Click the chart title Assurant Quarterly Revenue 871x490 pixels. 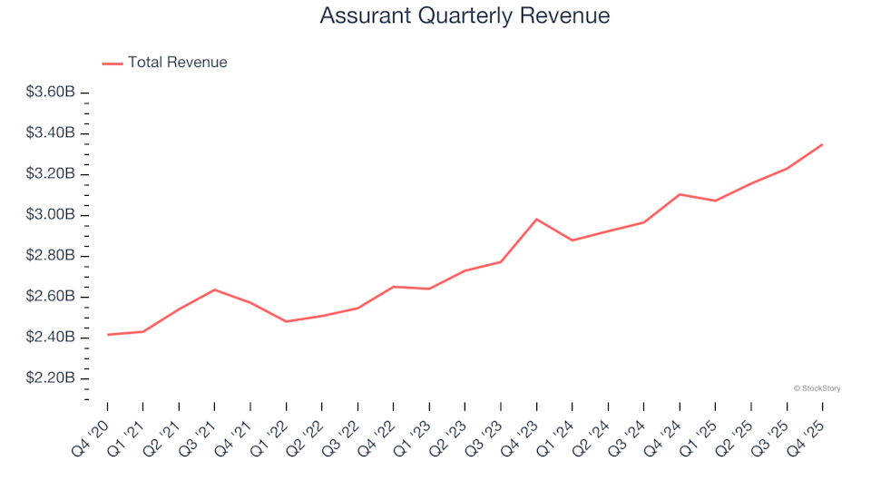tap(465, 16)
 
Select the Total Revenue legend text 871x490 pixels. tap(177, 63)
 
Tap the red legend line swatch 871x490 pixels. tap(113, 64)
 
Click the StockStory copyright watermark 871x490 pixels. tap(817, 388)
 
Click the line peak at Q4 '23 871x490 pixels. tap(536, 220)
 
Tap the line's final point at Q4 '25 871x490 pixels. tap(823, 144)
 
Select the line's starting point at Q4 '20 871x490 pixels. tap(107, 335)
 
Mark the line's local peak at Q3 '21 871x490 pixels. tap(214, 289)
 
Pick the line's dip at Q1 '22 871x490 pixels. tap(286, 321)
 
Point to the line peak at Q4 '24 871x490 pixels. tap(680, 194)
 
